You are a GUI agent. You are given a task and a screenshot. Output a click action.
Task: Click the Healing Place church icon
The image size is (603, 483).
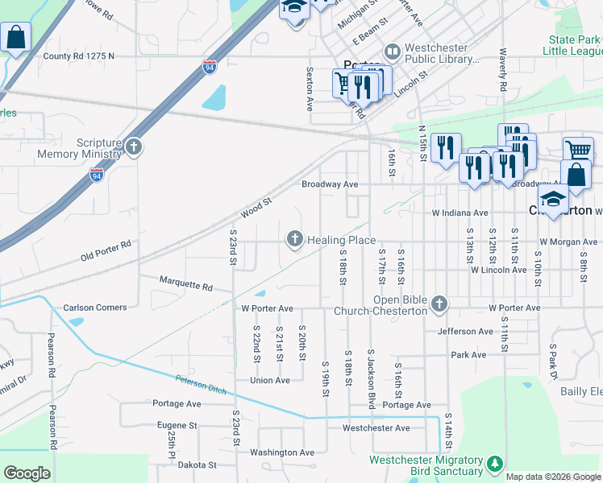tap(295, 239)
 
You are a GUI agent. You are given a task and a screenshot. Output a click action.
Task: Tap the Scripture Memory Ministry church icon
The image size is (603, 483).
tap(134, 147)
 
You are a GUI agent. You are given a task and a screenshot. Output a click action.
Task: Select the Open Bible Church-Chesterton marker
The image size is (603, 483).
tap(439, 303)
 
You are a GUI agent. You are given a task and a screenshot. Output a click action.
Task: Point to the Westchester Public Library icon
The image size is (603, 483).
tap(393, 52)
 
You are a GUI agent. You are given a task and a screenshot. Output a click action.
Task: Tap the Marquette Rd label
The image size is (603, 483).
tap(185, 287)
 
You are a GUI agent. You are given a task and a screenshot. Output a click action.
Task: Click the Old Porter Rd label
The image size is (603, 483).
tap(106, 250)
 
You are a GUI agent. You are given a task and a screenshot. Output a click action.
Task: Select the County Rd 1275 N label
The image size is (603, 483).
tap(79, 56)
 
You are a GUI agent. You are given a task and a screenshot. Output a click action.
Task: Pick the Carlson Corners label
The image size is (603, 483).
tap(95, 308)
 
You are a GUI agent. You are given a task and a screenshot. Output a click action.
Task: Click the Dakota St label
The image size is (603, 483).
tap(197, 464)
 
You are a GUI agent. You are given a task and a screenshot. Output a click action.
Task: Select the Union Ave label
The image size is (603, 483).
tap(269, 380)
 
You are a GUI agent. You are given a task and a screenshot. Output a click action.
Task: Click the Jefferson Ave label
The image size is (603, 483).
tap(465, 331)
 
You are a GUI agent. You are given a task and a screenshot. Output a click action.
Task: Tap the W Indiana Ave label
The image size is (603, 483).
tap(460, 213)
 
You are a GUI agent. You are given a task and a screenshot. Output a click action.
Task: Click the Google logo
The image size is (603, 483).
tap(27, 473)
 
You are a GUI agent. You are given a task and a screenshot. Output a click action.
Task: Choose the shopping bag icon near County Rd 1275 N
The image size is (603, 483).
tap(15, 37)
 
